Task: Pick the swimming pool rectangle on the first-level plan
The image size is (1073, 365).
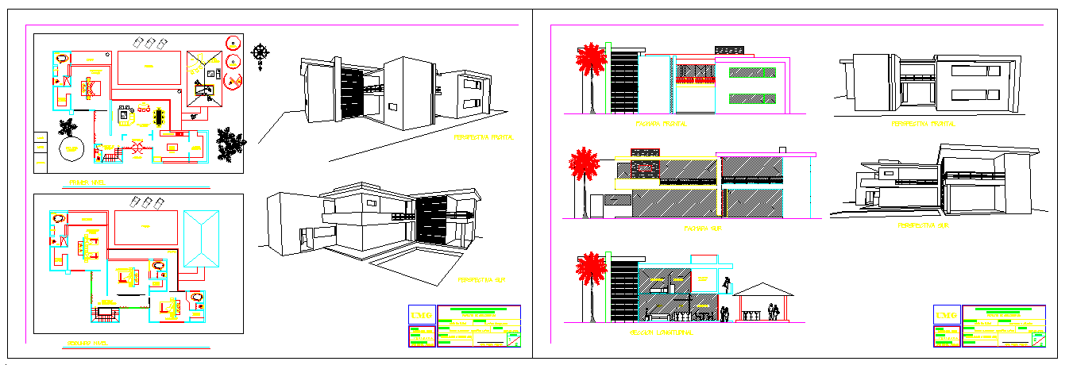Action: point(148,68)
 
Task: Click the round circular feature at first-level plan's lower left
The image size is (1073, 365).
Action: point(71,149)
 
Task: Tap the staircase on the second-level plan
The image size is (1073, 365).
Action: point(105,314)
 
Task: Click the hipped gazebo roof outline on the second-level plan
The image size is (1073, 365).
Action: point(202,240)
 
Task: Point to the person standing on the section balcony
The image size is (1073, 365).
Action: point(728,283)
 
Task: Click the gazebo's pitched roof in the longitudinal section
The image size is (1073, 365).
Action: point(762,288)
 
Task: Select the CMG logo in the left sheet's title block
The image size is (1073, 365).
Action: point(420,316)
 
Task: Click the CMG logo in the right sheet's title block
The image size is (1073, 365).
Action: point(946,316)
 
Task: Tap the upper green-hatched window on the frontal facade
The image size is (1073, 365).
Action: point(753,72)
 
